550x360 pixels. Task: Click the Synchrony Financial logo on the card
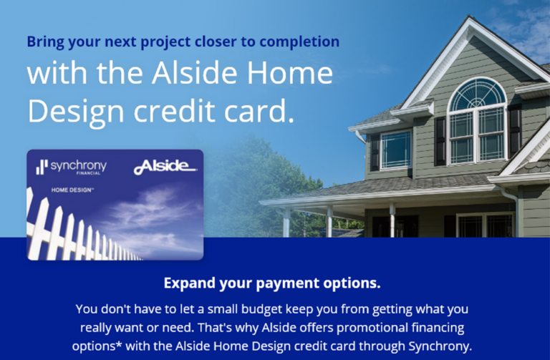tap(71, 167)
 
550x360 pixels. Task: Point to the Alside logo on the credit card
tap(165, 167)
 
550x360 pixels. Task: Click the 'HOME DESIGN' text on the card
tap(72, 190)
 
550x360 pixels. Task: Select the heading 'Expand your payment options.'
tap(272, 283)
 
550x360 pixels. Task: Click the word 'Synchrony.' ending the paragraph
tap(440, 346)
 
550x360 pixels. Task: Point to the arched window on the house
tap(478, 121)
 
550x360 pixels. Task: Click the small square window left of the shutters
tap(396, 150)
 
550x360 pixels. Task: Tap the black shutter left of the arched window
tap(440, 141)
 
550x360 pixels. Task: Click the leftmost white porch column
tap(287, 223)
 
